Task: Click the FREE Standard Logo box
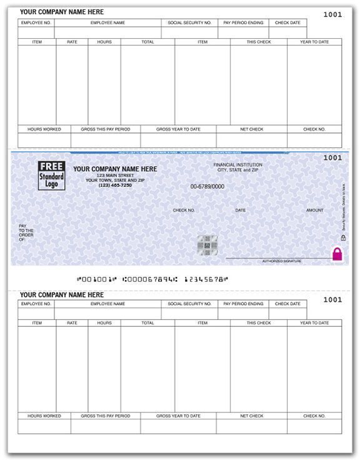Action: pos(51,175)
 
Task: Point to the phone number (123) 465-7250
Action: pos(115,186)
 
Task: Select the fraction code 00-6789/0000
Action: pos(207,186)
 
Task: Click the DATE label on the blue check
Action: pos(241,210)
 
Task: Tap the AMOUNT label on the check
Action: pos(315,210)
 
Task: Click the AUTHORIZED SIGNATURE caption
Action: pos(281,261)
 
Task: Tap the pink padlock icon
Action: pos(337,254)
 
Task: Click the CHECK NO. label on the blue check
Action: pos(184,210)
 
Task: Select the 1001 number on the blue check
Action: pos(332,157)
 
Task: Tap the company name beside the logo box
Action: pos(115,169)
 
